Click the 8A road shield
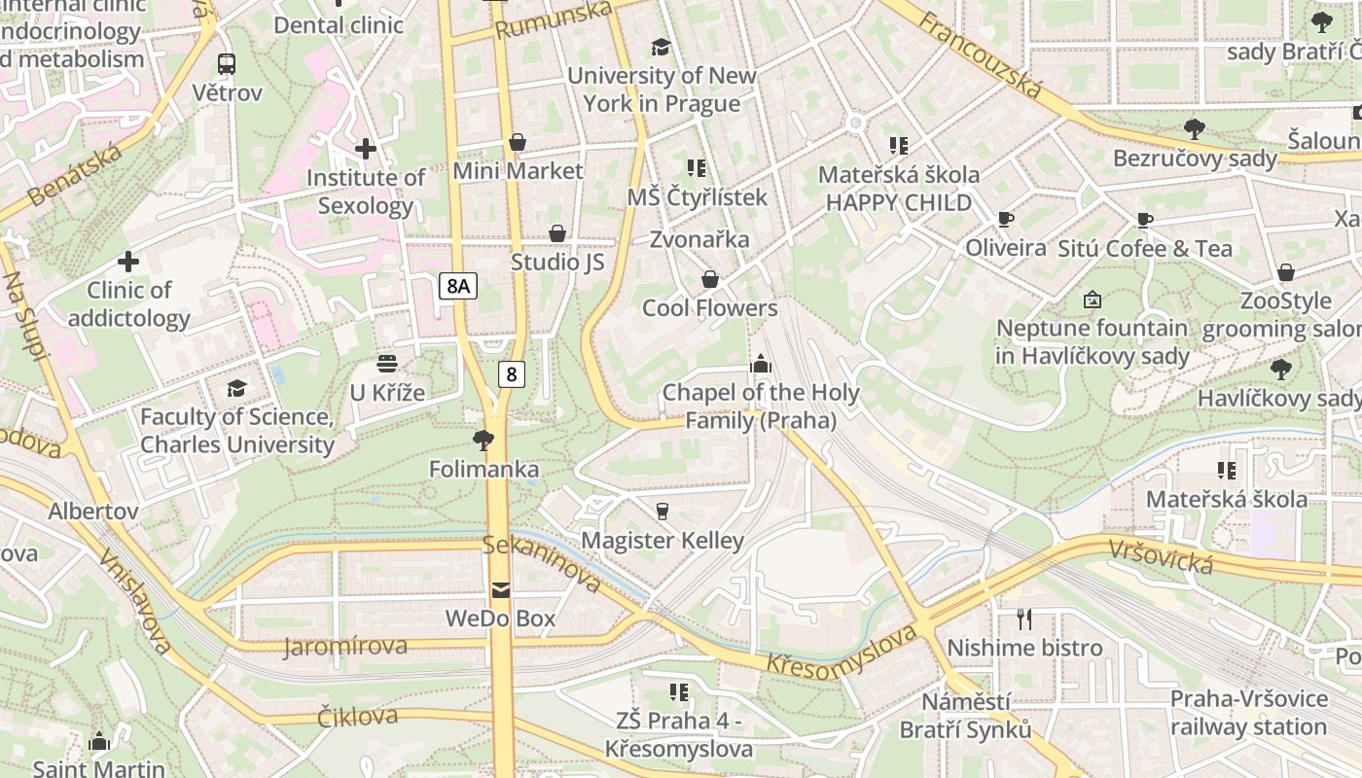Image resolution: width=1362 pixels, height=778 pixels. (457, 286)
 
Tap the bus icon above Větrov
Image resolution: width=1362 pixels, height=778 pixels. (227, 64)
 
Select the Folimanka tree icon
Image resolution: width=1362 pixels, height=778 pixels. (484, 441)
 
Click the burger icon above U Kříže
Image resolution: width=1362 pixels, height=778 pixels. (387, 365)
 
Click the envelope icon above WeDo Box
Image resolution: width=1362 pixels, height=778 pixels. (500, 589)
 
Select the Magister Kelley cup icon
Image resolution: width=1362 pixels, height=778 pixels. (663, 512)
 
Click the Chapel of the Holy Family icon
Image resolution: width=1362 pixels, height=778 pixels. (760, 365)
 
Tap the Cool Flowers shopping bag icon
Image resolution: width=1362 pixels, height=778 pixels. (710, 280)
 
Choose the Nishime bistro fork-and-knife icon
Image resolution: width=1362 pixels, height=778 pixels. (1024, 619)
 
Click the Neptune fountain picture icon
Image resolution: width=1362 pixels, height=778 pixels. (1092, 300)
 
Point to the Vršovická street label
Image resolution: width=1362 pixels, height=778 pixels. (1162, 557)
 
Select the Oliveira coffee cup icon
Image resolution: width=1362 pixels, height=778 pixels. (1006, 220)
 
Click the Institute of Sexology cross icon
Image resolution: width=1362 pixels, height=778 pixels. (366, 149)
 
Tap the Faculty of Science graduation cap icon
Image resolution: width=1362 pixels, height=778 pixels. (236, 389)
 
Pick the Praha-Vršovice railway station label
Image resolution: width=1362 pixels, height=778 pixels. (1249, 713)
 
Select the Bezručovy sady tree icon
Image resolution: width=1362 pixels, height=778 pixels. (1195, 129)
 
